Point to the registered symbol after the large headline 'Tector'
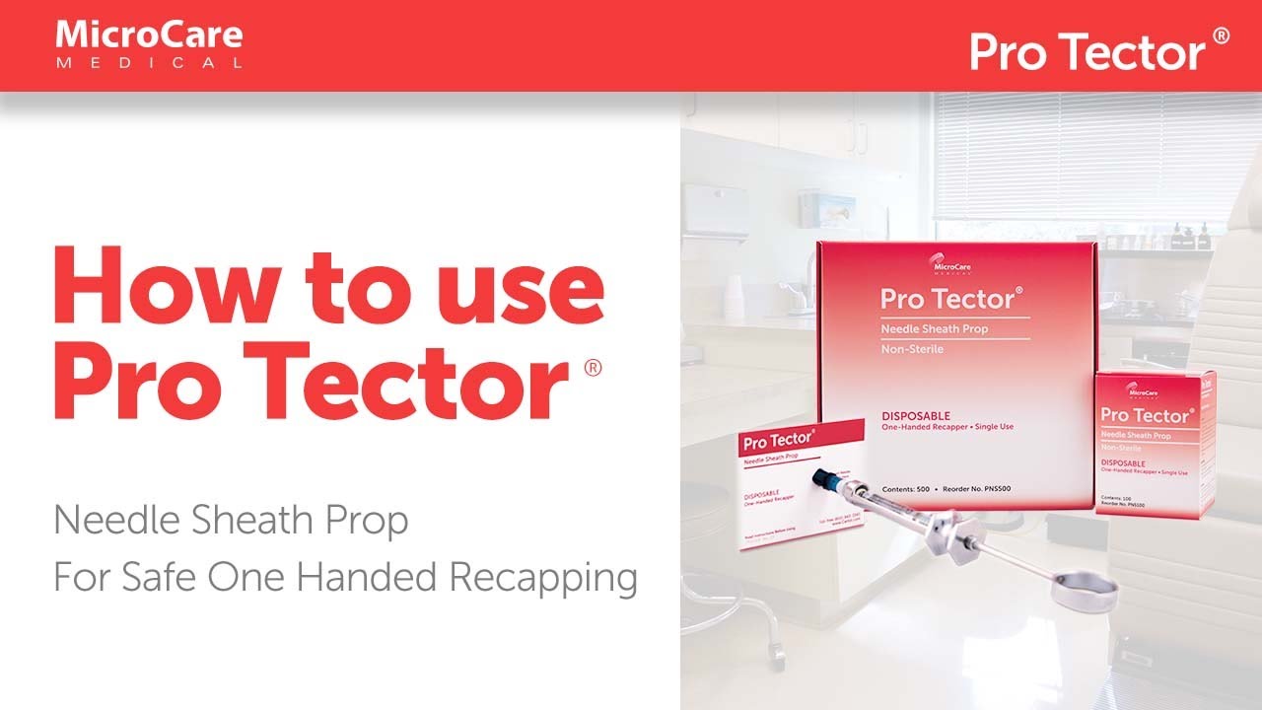tap(592, 368)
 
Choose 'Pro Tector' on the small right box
tap(1145, 415)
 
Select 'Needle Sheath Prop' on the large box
tap(919, 327)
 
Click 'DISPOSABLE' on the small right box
tap(1122, 462)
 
